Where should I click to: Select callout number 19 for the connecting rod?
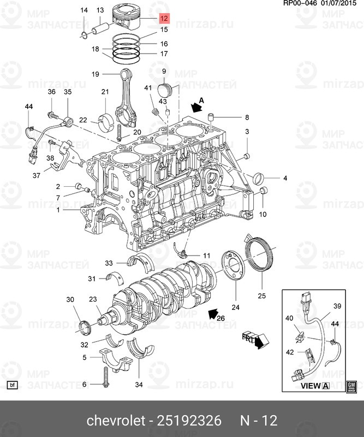pyautogui.click(x=94, y=74)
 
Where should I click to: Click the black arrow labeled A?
pyautogui.click(x=196, y=107)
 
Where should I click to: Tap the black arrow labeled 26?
pyautogui.click(x=214, y=315)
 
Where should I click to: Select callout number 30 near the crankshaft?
pyautogui.click(x=70, y=299)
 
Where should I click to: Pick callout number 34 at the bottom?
pyautogui.click(x=139, y=385)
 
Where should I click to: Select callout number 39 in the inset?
pyautogui.click(x=337, y=306)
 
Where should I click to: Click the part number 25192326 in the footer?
pyautogui.click(x=190, y=421)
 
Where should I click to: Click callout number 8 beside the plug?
pyautogui.click(x=246, y=117)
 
